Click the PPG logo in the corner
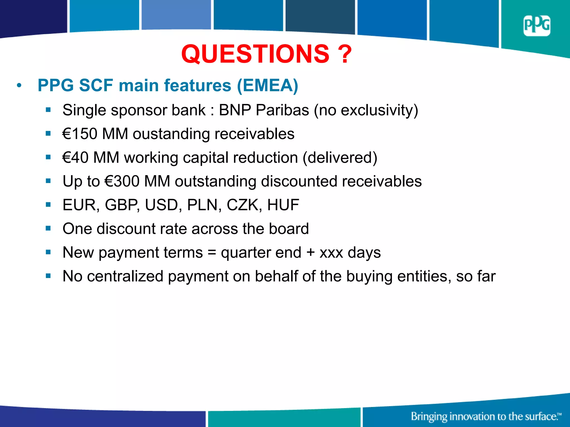pyautogui.click(x=537, y=26)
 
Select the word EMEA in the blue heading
pyautogui.click(x=267, y=85)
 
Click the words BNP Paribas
pyautogui.click(x=264, y=110)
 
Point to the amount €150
pyautogui.click(x=80, y=134)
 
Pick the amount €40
pyautogui.click(x=75, y=158)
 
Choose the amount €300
pyautogui.click(x=122, y=181)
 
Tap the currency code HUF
pyautogui.click(x=283, y=205)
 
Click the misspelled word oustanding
pyautogui.click(x=171, y=134)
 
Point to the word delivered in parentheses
pyautogui.click(x=340, y=158)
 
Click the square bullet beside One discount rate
pyautogui.click(x=48, y=229)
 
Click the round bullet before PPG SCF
pyautogui.click(x=19, y=86)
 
